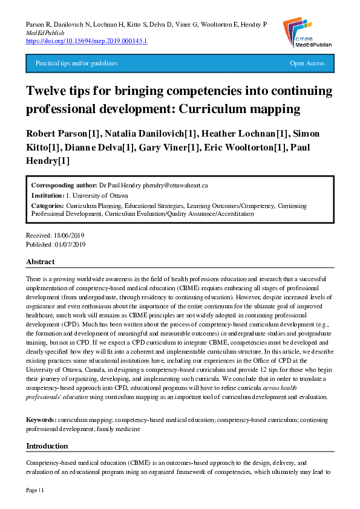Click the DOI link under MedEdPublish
87,41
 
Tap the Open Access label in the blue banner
307,63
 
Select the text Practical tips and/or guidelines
76,63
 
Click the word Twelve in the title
46,91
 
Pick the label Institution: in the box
48,196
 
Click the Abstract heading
40,262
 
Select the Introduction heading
47,446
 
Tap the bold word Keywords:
41,419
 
